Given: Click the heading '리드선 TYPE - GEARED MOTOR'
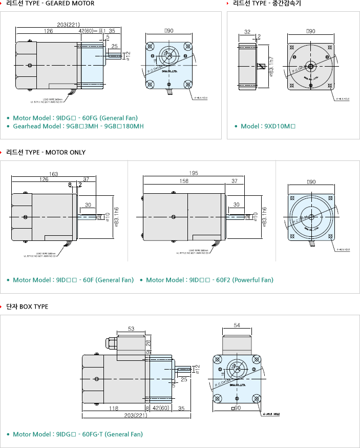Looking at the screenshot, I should coord(50,4).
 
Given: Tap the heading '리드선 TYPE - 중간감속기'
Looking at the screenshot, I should coord(267,4).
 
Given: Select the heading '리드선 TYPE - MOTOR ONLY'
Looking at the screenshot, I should coord(46,152).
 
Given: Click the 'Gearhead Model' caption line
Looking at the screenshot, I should coord(78,126).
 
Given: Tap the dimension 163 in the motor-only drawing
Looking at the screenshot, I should coord(53,173).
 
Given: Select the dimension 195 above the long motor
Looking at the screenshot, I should coord(193,173).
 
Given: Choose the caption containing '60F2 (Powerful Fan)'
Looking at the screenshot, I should coord(209,280).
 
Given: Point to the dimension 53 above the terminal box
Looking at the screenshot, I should coord(131,329).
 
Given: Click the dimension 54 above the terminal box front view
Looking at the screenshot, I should coord(237,325).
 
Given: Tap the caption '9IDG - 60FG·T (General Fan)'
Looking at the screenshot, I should coord(78,434).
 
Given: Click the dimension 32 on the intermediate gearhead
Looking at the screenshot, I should coord(247,32).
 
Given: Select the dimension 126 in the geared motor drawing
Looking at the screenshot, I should coord(48,31).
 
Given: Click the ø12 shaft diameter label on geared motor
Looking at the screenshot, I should coord(128,54).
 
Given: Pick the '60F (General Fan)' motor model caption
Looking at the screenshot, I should coord(73,280).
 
